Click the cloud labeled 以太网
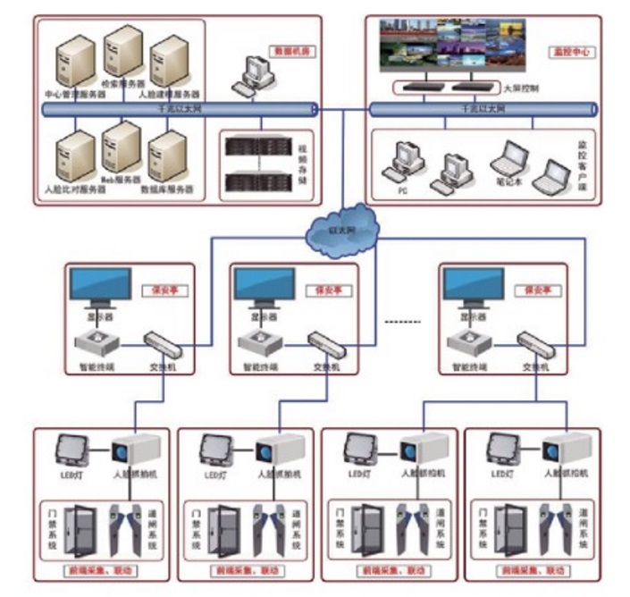point(340,231)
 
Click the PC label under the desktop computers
point(400,190)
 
